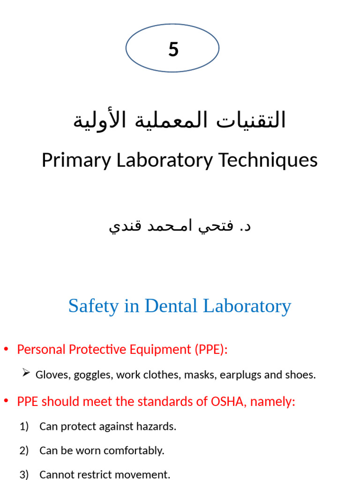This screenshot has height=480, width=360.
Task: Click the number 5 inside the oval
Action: pyautogui.click(x=173, y=49)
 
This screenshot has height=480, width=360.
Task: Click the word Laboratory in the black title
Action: pyautogui.click(x=164, y=160)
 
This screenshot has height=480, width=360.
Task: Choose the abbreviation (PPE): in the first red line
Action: pyautogui.click(x=210, y=350)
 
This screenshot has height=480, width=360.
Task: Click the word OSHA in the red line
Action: pyautogui.click(x=227, y=402)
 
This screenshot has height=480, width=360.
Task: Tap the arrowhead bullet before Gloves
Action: pyautogui.click(x=26, y=373)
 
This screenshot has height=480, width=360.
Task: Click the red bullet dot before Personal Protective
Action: pyautogui.click(x=6, y=350)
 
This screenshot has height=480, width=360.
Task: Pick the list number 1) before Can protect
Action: pyautogui.click(x=24, y=427)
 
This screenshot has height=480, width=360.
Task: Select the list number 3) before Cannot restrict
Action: pyautogui.click(x=24, y=474)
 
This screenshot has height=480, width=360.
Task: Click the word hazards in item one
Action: pyautogui.click(x=158, y=427)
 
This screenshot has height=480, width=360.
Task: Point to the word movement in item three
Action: pyautogui.click(x=145, y=474)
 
